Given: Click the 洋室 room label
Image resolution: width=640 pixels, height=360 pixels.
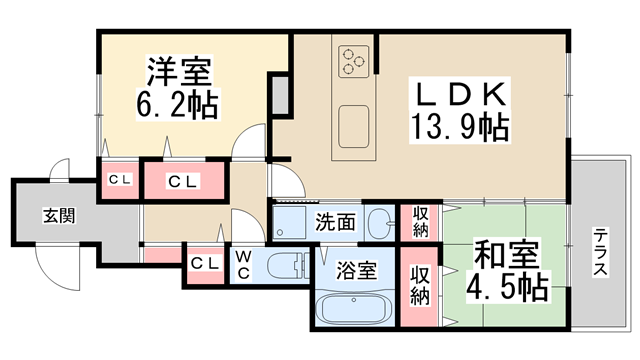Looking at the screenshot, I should point(181,72).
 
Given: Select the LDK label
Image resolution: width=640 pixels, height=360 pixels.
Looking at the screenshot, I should point(459,96).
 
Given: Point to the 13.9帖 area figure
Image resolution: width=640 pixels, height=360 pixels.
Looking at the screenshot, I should point(460,127).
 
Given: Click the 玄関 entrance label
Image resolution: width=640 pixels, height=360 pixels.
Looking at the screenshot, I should point(58,216).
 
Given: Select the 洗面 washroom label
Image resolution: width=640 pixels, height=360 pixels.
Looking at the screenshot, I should point(333,222).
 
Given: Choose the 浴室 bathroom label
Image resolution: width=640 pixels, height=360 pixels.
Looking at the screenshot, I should point(355,270).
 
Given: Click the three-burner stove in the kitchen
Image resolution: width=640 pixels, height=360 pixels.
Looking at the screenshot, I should point(354,61).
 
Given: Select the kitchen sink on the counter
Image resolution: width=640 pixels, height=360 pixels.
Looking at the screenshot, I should point(354,125).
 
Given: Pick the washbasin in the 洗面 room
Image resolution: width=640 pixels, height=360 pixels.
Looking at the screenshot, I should point(380,223).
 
